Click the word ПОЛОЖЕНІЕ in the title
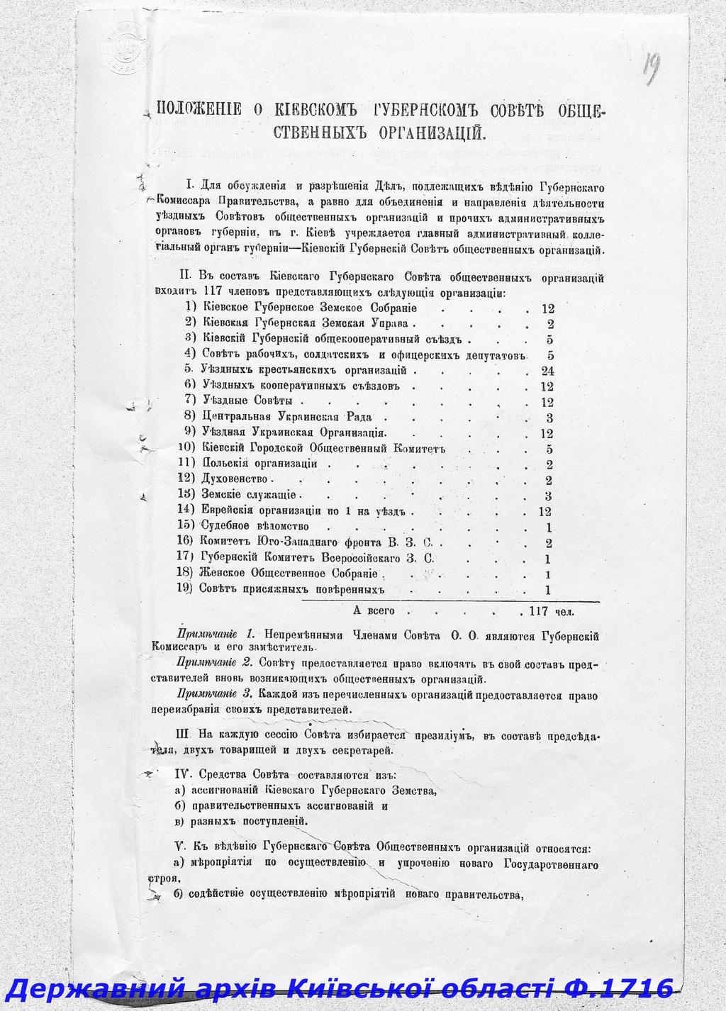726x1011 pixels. pos(200,109)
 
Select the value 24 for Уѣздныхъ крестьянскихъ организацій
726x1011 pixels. pos(547,371)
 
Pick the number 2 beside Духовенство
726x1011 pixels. pos(549,480)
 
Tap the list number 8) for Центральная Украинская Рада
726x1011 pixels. pos(189,417)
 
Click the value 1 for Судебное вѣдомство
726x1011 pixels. pos(550,527)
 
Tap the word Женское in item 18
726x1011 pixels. pos(222,574)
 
